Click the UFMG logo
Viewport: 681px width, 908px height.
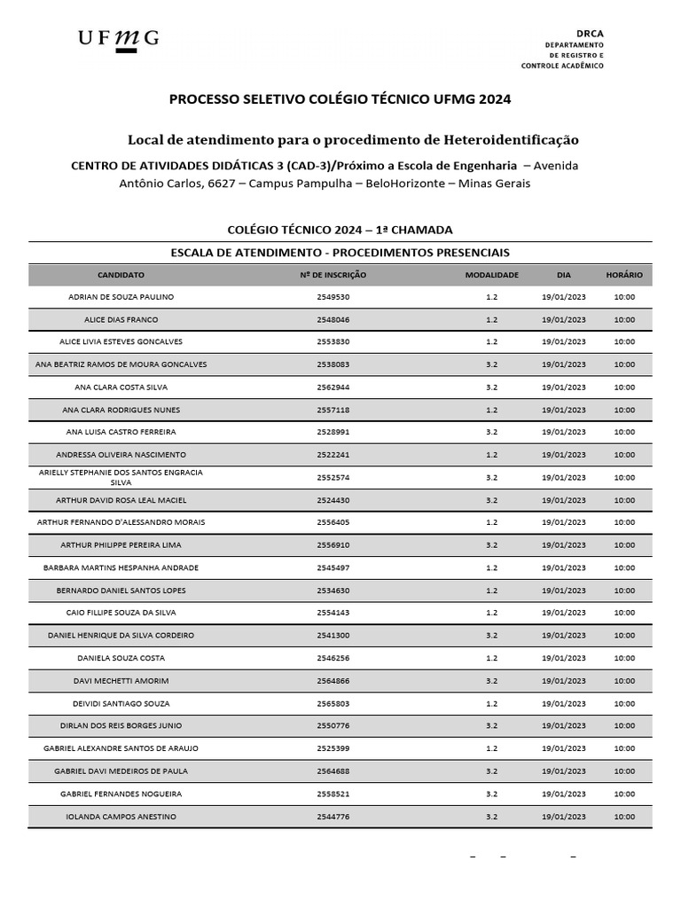click(x=118, y=39)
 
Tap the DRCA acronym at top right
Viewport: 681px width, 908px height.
click(x=590, y=32)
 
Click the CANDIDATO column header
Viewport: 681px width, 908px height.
click(x=121, y=275)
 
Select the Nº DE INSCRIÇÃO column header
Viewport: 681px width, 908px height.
click(x=333, y=275)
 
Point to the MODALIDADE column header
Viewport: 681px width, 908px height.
click(x=491, y=275)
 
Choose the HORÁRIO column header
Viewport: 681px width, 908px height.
click(x=624, y=275)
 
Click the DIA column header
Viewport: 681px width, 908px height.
click(x=564, y=275)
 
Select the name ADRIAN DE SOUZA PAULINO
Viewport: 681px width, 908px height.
click(x=121, y=297)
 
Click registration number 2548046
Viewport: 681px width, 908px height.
click(x=333, y=319)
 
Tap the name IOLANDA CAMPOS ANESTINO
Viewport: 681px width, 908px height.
click(x=121, y=816)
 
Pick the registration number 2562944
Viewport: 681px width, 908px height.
click(x=333, y=387)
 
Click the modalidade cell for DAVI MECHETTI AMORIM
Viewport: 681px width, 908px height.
click(x=491, y=680)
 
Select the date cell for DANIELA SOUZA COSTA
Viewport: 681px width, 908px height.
click(x=564, y=658)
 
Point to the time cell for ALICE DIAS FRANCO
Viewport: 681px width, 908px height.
click(x=624, y=319)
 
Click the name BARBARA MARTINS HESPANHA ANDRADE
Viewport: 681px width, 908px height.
click(x=121, y=567)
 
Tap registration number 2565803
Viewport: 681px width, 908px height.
click(x=333, y=703)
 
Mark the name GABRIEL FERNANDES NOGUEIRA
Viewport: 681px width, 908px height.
click(x=121, y=794)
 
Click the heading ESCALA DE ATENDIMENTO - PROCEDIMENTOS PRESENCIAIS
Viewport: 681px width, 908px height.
click(x=340, y=252)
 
